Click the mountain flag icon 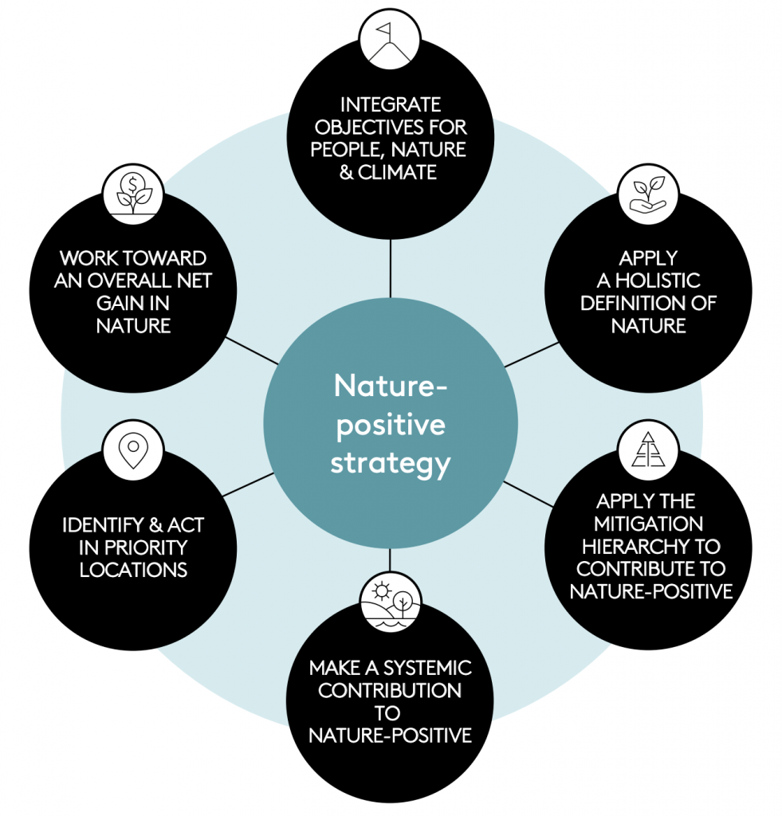tap(390, 37)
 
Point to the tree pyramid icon tap(648, 449)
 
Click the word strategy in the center tap(390, 463)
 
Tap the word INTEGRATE tap(390, 105)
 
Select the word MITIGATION tap(649, 524)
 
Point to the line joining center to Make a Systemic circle tap(390, 561)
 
